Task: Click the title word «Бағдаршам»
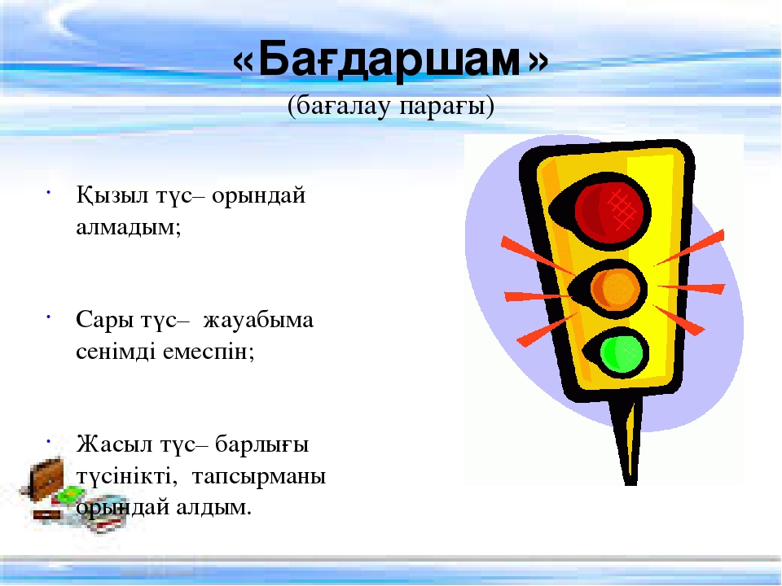point(390,60)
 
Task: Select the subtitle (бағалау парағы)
point(390,106)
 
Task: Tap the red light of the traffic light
point(613,209)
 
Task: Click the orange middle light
point(615,289)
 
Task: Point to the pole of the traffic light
point(628,441)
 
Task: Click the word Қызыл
point(112,195)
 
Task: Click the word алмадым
point(128,228)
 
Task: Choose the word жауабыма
point(258,321)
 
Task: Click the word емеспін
point(209,352)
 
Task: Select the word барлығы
point(261,445)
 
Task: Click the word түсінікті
point(127,476)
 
